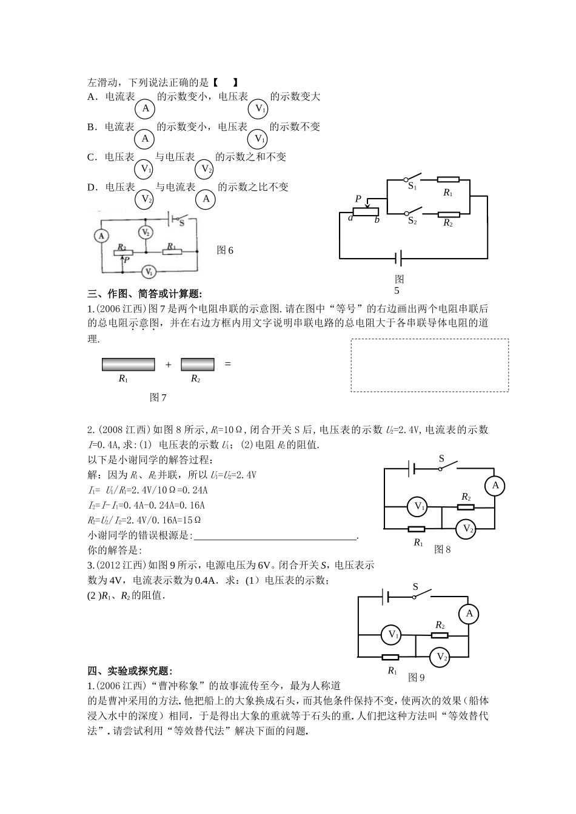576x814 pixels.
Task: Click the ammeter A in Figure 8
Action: tap(495, 486)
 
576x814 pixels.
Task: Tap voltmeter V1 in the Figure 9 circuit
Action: tap(390, 635)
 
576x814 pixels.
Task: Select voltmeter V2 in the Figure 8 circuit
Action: tap(466, 529)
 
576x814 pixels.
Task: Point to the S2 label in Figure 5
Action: tap(412, 221)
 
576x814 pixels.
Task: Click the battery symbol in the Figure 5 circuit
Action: tap(399, 259)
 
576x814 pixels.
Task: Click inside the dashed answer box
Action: tap(429, 365)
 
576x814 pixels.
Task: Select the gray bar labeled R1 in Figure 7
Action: tap(128, 365)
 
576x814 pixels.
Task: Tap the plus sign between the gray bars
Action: tap(168, 365)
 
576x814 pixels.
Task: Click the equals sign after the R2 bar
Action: tap(228, 364)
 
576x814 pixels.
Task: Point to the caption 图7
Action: tap(158, 397)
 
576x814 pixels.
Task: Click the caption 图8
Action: tap(443, 550)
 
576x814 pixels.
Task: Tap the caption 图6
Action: tap(225, 250)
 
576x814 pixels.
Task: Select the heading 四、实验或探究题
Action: tap(130, 670)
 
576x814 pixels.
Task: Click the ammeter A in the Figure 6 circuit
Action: tap(102, 236)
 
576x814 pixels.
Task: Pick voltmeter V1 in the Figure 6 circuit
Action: tap(148, 271)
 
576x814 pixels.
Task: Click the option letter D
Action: tap(92, 187)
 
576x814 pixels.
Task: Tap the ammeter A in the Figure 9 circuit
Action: tap(469, 614)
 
